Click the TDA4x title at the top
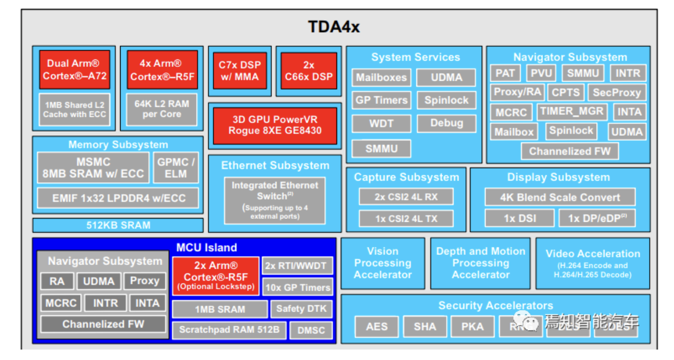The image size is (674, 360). pos(334,27)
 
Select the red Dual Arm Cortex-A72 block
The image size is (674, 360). pos(75,70)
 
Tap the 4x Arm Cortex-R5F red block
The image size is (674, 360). pos(162,70)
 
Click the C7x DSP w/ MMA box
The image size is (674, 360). pos(239,71)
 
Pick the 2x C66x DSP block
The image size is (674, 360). pos(309,71)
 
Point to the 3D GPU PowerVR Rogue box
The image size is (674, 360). pos(275,125)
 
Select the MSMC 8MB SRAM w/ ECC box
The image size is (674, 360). pos(93,168)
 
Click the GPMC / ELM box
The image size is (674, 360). pos(176,168)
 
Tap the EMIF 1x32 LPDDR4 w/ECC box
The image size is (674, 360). pos(118,198)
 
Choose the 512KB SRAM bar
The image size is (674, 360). pos(118,225)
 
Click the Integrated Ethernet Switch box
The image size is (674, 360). pos(275,200)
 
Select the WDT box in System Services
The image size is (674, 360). pos(381,123)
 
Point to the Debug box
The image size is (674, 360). pos(446,123)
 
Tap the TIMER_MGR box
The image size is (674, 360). pos(572,112)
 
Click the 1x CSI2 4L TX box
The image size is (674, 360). pos(406,219)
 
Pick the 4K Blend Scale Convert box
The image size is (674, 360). pos(560,197)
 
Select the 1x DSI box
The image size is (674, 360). pos(519,218)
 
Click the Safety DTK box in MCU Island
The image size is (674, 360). pos(301,309)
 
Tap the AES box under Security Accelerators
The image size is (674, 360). pos(376,327)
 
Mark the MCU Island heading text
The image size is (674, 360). pos(206,247)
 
